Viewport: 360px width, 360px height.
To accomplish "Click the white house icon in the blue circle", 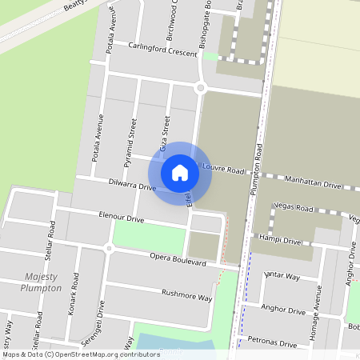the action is click(180, 172).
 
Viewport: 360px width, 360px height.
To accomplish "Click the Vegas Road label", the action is click(293, 206).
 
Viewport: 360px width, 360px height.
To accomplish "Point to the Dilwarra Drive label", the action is click(131, 186).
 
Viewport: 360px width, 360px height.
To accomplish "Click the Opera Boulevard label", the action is click(178, 259).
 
